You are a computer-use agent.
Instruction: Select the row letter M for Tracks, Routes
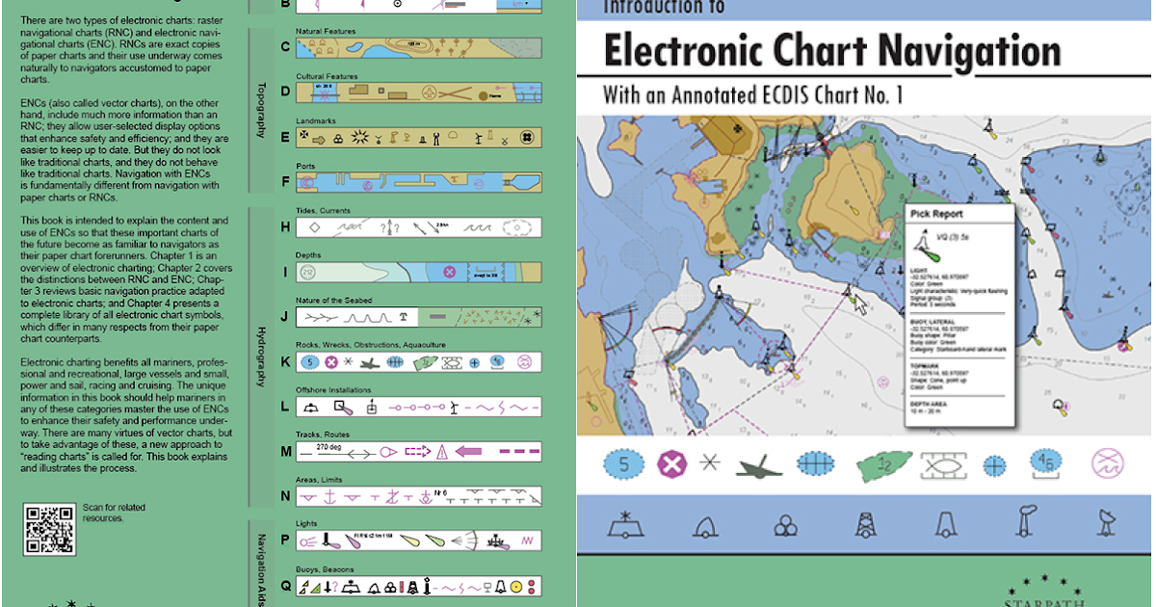(x=285, y=451)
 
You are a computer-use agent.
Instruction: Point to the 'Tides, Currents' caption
(x=323, y=210)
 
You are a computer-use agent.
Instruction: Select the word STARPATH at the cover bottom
(x=1045, y=601)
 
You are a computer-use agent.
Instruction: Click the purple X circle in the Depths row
(x=448, y=273)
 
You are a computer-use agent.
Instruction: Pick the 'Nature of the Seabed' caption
(x=333, y=301)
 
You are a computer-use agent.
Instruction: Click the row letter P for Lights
(x=285, y=541)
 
